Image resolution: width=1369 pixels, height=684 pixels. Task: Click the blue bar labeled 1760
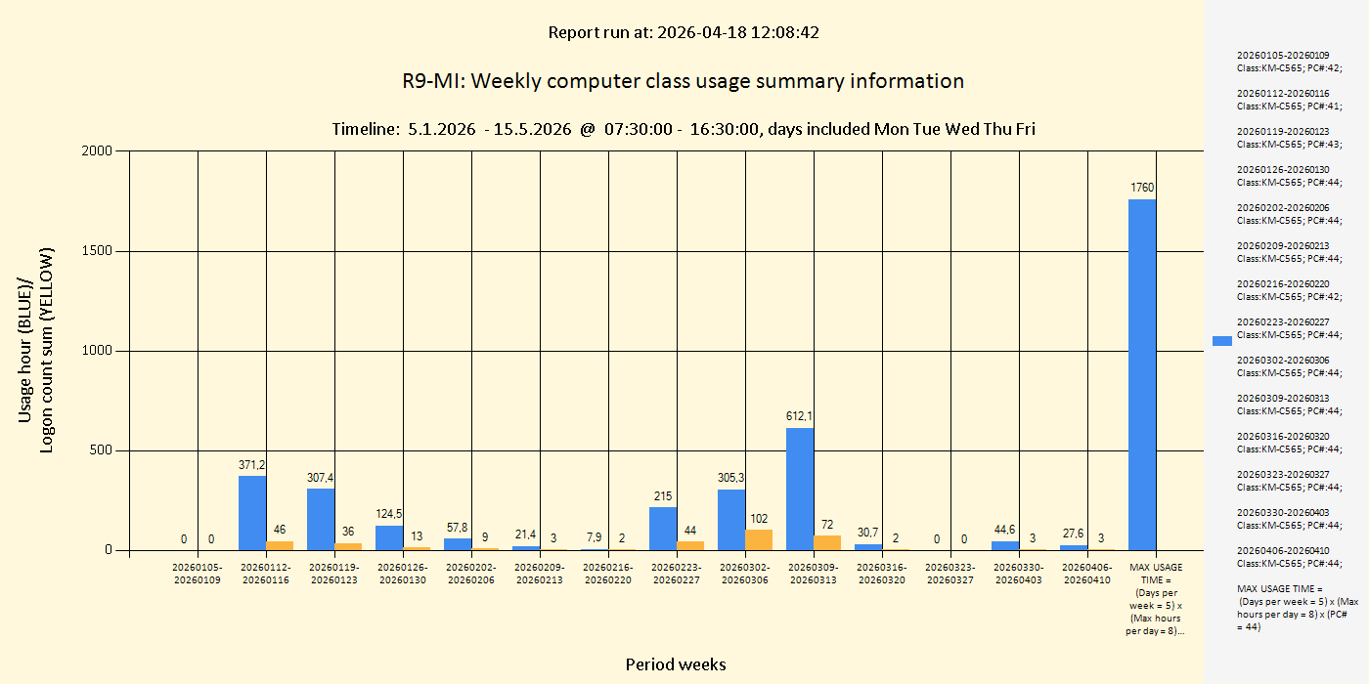point(1142,374)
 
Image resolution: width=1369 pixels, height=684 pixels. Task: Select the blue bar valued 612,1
point(800,489)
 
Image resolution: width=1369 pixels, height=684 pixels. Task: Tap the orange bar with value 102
point(759,539)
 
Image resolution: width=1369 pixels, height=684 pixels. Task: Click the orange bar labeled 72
point(827,542)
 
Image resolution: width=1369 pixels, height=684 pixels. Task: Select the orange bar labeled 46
point(280,545)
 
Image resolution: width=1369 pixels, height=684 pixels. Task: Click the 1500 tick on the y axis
point(98,251)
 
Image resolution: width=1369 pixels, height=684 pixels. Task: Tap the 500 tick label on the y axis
point(102,450)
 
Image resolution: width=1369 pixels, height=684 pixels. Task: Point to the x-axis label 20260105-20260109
point(198,574)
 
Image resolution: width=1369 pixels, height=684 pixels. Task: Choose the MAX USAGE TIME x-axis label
point(1156,599)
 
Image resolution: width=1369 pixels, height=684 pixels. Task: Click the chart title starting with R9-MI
point(683,81)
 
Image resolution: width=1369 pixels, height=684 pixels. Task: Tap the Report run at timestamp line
point(683,32)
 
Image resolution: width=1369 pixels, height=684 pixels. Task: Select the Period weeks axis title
point(676,664)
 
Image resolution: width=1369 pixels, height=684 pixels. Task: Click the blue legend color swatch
point(1222,340)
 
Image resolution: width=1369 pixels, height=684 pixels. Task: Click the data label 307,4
point(321,478)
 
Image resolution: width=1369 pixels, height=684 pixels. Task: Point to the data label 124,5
point(389,514)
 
